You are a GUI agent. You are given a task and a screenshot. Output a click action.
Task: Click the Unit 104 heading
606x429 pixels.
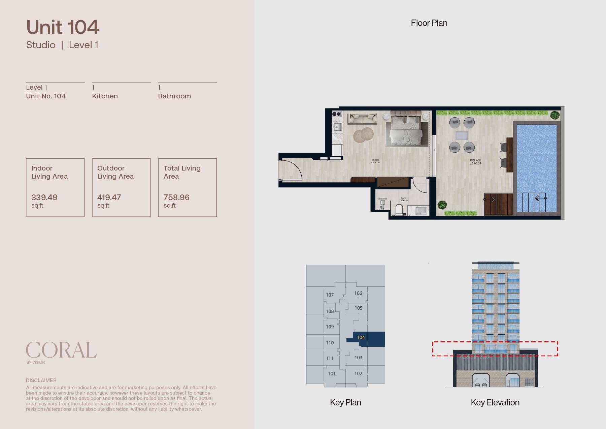tap(63, 27)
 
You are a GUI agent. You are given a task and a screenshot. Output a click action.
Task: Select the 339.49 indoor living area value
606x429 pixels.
tap(44, 197)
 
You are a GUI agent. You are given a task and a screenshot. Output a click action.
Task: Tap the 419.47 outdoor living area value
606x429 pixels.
tap(109, 197)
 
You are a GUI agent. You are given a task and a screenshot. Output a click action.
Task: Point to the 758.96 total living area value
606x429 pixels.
tap(176, 197)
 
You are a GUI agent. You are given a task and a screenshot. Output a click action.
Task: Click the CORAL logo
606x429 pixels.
tap(61, 350)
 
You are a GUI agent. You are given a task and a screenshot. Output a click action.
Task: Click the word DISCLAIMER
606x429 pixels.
tap(41, 380)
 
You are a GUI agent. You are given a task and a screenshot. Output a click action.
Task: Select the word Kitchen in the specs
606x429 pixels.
tap(105, 96)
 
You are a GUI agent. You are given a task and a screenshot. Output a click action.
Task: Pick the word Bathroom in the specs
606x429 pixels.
tap(174, 96)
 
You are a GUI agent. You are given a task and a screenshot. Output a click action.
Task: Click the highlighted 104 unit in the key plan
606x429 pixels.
tap(361, 337)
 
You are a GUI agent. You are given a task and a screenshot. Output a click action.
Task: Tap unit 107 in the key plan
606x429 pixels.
tap(330, 295)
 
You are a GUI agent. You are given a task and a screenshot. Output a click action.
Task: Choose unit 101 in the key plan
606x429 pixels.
tap(332, 373)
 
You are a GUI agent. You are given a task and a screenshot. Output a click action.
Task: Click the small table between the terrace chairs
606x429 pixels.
tap(462, 135)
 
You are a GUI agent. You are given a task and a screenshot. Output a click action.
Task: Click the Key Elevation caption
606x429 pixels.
tap(495, 402)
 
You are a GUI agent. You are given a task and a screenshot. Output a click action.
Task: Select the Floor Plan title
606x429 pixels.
tap(429, 23)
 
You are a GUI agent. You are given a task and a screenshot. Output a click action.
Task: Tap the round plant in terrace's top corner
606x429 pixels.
tap(555, 115)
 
